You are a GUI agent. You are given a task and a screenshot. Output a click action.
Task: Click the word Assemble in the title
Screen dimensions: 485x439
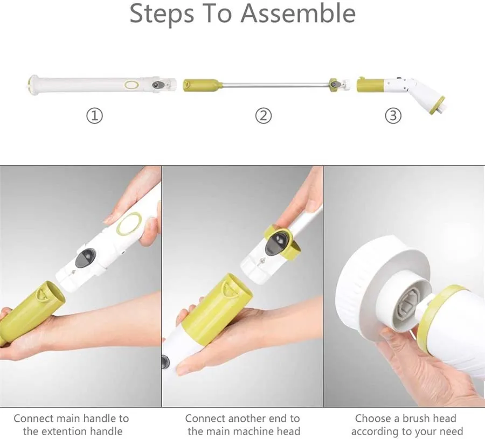[x=298, y=13]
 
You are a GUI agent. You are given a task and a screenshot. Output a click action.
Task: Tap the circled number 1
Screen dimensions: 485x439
[x=94, y=116]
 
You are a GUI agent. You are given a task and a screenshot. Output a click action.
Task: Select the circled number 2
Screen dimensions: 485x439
[x=263, y=116]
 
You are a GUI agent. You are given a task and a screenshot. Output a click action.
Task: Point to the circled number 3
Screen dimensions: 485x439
[x=393, y=116]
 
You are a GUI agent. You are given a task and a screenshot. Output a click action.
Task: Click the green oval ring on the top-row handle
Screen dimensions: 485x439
[x=132, y=85]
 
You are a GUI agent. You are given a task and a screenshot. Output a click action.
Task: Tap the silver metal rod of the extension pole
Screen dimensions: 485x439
[x=275, y=85]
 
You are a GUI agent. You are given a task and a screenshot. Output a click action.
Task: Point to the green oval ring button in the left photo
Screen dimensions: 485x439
[x=129, y=223]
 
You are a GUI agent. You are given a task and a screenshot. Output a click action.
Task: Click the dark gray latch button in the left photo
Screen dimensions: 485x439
[x=85, y=257]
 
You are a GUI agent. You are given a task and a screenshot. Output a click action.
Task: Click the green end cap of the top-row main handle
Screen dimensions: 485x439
[x=30, y=84]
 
